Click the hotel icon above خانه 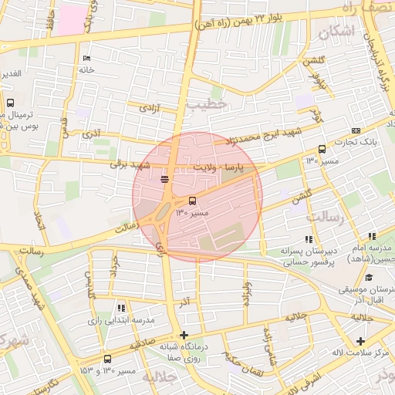(86, 59)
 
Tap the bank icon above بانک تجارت (356, 130)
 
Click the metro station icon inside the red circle (164, 179)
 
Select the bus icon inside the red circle (192, 201)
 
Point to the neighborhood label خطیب (209, 103)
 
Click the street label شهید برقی (127, 164)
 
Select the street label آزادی (149, 109)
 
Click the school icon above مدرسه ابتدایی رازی (120, 308)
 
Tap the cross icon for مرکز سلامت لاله (360, 341)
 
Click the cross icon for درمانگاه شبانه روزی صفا (184, 335)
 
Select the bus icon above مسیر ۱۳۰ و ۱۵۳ (106, 359)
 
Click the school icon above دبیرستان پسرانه (309, 239)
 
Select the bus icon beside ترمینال (10, 103)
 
